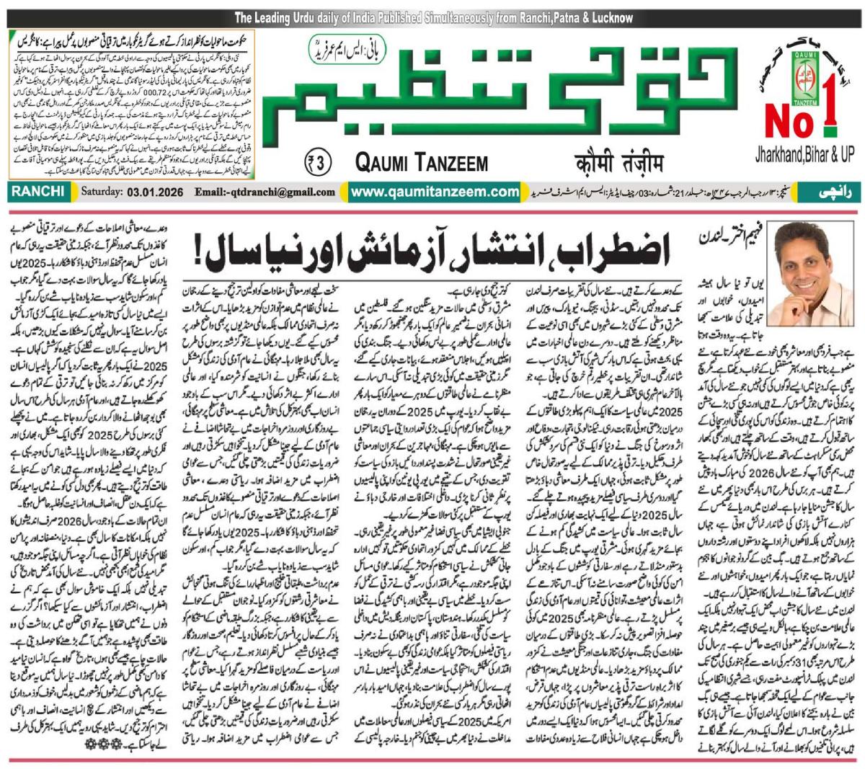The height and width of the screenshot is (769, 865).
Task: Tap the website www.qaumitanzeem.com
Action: coord(435,192)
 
